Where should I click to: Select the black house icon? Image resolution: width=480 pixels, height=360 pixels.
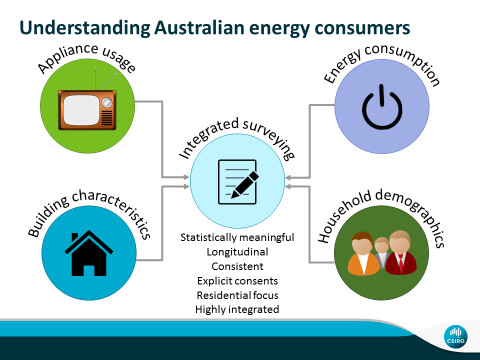pos(89,253)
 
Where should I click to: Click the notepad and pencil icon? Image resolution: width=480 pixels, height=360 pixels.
pos(238,182)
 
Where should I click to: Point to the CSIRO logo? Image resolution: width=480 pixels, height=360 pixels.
pos(456,337)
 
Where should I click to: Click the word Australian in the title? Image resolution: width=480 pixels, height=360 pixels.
pos(199,28)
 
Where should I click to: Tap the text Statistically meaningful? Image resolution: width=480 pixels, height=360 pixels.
pos(237,237)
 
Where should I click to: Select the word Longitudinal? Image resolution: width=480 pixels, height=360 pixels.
pos(237,252)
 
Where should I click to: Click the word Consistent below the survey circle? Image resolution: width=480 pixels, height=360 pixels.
pos(237,266)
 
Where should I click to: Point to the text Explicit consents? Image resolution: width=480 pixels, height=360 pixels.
pos(237,281)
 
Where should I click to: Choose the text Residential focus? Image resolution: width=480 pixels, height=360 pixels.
pos(237,295)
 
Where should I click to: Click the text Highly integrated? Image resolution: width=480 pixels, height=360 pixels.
pos(237,309)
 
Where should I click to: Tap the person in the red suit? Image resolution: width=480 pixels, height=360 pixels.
pos(401,252)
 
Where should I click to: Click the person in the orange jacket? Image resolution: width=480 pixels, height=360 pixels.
pos(363,254)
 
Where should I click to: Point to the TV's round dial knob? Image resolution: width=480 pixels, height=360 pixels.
pos(107,102)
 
